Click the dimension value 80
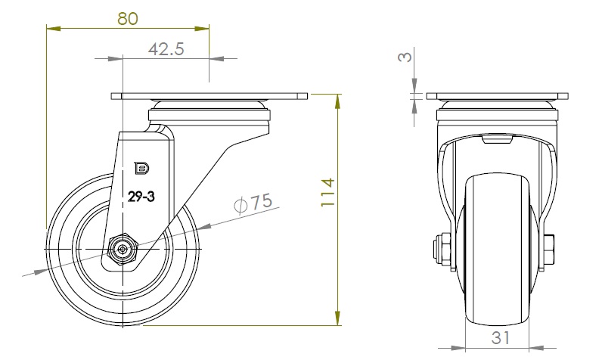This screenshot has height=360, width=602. point(128,18)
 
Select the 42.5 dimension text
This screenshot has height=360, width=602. point(166,49)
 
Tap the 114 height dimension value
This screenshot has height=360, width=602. point(328,192)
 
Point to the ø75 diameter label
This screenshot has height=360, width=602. point(253,202)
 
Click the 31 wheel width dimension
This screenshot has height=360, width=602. point(501,338)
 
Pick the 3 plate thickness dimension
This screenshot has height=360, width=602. point(405,57)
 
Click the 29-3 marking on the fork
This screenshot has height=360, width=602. point(141,197)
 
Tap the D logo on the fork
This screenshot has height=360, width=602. point(141,168)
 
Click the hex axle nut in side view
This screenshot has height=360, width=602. point(123,249)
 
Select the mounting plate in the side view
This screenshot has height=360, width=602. point(209,96)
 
